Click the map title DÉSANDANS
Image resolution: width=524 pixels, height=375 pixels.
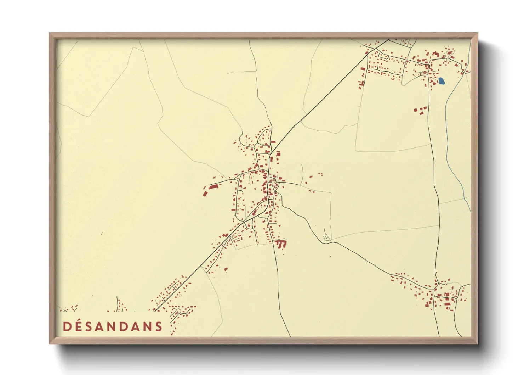coord(113,326)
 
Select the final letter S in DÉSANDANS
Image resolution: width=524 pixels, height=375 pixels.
coord(159,326)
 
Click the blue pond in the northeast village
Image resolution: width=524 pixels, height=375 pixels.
coord(441,81)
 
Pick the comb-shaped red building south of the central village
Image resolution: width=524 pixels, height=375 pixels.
coord(281,244)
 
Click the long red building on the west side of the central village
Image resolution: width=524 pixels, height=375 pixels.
coord(213,186)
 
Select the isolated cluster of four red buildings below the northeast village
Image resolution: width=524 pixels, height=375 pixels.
coord(420,110)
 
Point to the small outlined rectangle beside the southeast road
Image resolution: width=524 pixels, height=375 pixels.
coord(326,236)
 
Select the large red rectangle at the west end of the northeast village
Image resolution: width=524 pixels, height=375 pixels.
coord(363,69)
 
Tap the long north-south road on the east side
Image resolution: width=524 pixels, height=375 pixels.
coord(434,177)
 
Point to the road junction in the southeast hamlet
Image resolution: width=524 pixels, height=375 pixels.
coord(437,284)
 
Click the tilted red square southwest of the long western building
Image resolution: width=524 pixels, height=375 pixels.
coord(205,193)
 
